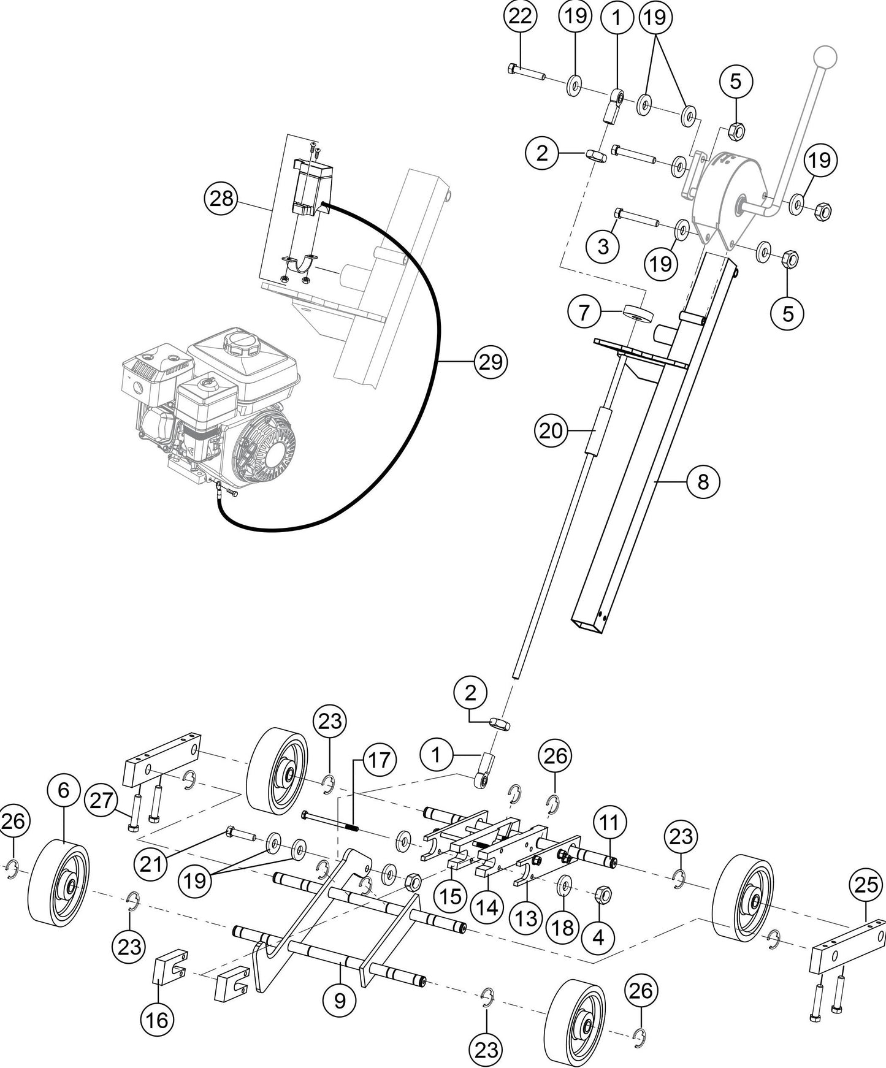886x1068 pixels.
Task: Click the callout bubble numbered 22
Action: pos(520,17)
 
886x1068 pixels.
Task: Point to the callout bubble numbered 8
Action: pos(703,482)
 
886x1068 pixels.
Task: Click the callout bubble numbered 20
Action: pos(551,432)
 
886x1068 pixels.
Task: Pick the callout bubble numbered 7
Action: pos(583,313)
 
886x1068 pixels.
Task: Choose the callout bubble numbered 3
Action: pos(603,246)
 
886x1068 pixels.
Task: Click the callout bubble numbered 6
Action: pos(63,791)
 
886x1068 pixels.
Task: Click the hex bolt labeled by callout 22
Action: pos(527,74)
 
